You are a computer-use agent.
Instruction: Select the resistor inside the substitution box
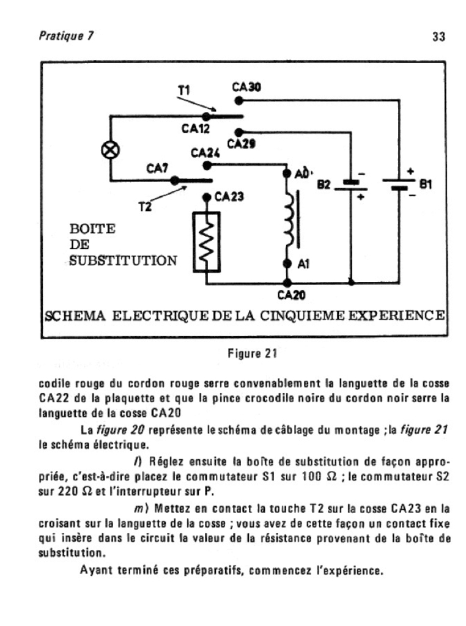[x=207, y=242]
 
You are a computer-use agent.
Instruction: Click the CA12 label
[x=196, y=129]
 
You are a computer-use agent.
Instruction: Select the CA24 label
[x=205, y=152]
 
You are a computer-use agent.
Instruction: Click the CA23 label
[x=230, y=196]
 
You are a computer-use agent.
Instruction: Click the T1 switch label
[x=183, y=90]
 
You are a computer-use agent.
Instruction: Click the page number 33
[x=438, y=37]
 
